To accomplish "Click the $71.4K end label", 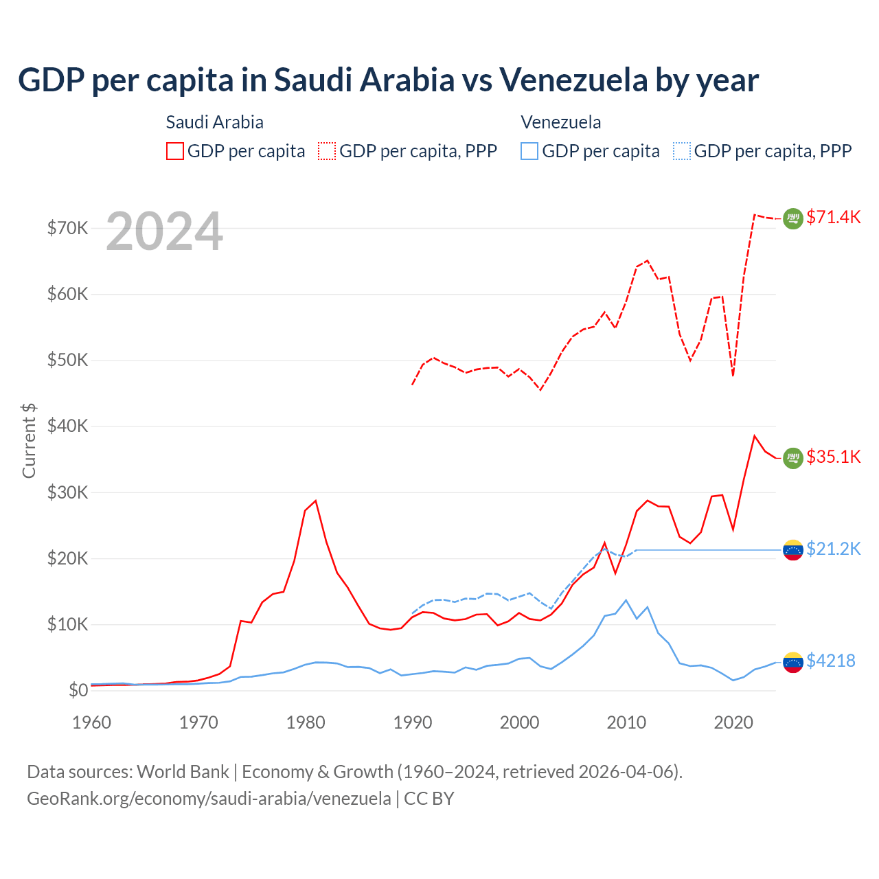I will [x=833, y=218].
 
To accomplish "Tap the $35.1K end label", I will [x=833, y=457].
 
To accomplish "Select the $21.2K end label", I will [x=833, y=549].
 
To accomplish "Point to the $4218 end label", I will [x=830, y=661].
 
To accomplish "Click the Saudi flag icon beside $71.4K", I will [x=793, y=218].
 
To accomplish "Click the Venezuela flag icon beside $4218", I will [x=793, y=662].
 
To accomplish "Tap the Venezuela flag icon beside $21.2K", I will [x=793, y=550].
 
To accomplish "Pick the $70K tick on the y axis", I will [x=67, y=228].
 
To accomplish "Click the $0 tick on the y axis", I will [x=78, y=691].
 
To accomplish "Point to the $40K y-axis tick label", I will [x=67, y=426].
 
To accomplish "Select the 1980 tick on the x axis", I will [x=306, y=722].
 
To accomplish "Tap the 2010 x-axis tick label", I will [x=626, y=722].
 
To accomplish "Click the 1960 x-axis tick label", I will [x=92, y=722].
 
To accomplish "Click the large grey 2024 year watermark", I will [x=165, y=231].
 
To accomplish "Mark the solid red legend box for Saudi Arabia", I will [x=175, y=151].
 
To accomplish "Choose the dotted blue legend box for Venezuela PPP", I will [x=682, y=151].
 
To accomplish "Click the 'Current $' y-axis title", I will [x=29, y=441].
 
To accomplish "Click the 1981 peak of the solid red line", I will [x=316, y=501].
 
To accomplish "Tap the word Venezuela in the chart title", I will [x=573, y=80].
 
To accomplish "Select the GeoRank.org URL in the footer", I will [x=209, y=799].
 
